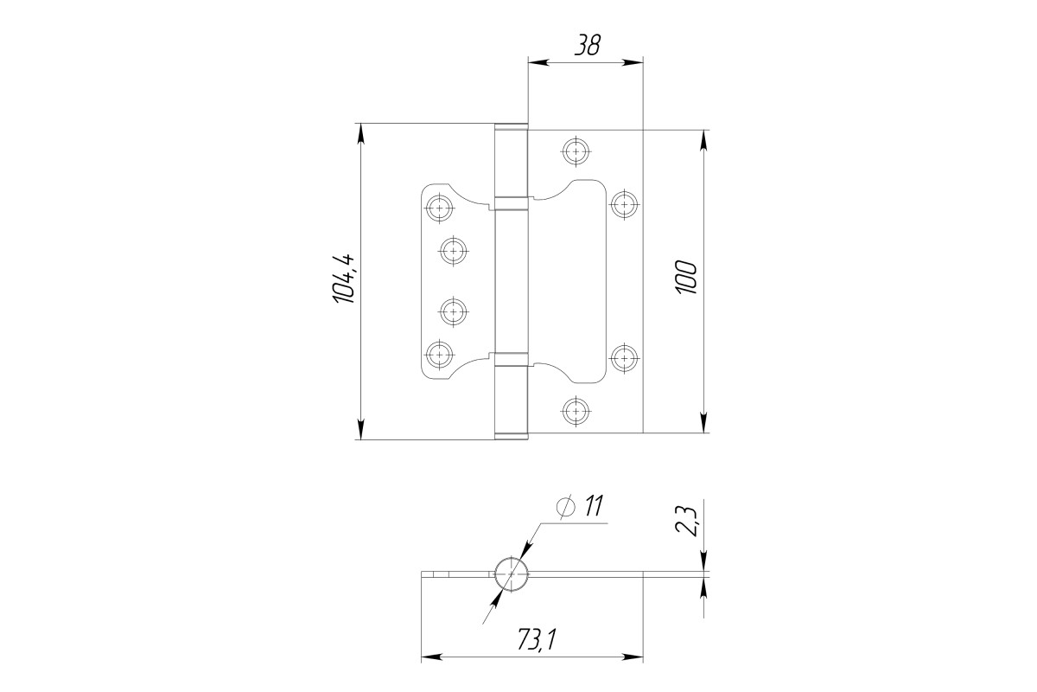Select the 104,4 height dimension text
[343, 279]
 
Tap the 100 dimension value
[686, 277]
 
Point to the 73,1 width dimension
[536, 641]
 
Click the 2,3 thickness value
[686, 522]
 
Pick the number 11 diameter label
[594, 506]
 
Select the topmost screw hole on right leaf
[576, 151]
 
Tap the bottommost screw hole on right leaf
[576, 411]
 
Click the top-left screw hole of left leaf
[438, 208]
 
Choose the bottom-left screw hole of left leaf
[438, 355]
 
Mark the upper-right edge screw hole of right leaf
[624, 204]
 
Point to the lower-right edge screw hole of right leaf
[624, 358]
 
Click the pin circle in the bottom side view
[511, 574]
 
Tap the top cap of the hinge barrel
[512, 126]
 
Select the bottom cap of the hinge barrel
[512, 436]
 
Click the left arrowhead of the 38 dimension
[538, 62]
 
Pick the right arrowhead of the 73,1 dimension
[633, 657]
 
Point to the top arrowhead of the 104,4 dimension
[360, 134]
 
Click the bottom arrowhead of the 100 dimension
[703, 422]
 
